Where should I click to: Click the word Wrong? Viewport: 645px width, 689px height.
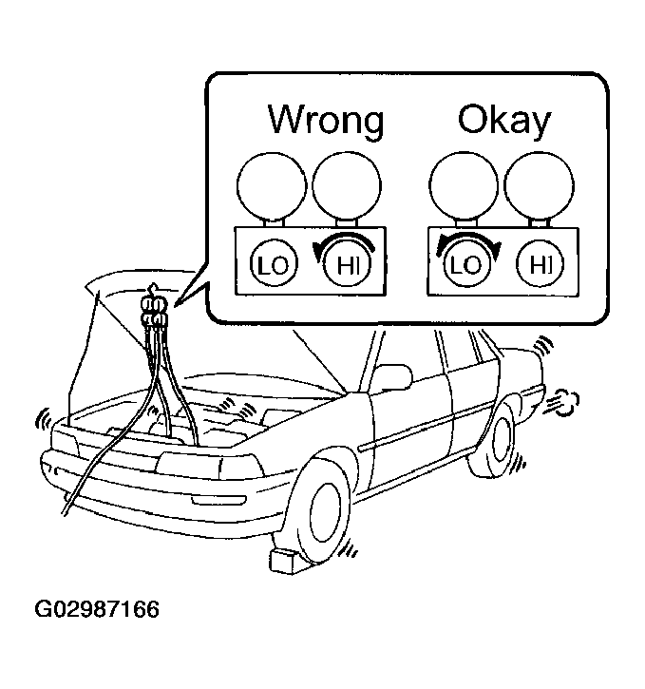326,121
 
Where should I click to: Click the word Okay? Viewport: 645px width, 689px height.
504,120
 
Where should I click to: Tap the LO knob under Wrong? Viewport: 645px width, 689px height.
274,264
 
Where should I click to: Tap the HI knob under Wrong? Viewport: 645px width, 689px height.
348,264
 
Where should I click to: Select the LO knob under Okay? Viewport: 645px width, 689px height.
466,264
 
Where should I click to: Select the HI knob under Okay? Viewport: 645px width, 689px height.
540,264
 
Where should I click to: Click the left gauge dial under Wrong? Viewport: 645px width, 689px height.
272,186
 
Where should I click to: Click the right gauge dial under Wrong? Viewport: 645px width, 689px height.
347,186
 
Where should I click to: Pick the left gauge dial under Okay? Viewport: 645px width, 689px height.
465,186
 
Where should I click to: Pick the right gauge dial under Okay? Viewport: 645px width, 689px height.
539,186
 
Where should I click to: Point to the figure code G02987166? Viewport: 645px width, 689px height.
97,610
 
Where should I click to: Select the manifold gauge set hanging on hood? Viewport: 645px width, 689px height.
154,310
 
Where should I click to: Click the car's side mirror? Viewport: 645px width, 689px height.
393,376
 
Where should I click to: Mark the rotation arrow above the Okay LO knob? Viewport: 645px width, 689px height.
468,242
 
